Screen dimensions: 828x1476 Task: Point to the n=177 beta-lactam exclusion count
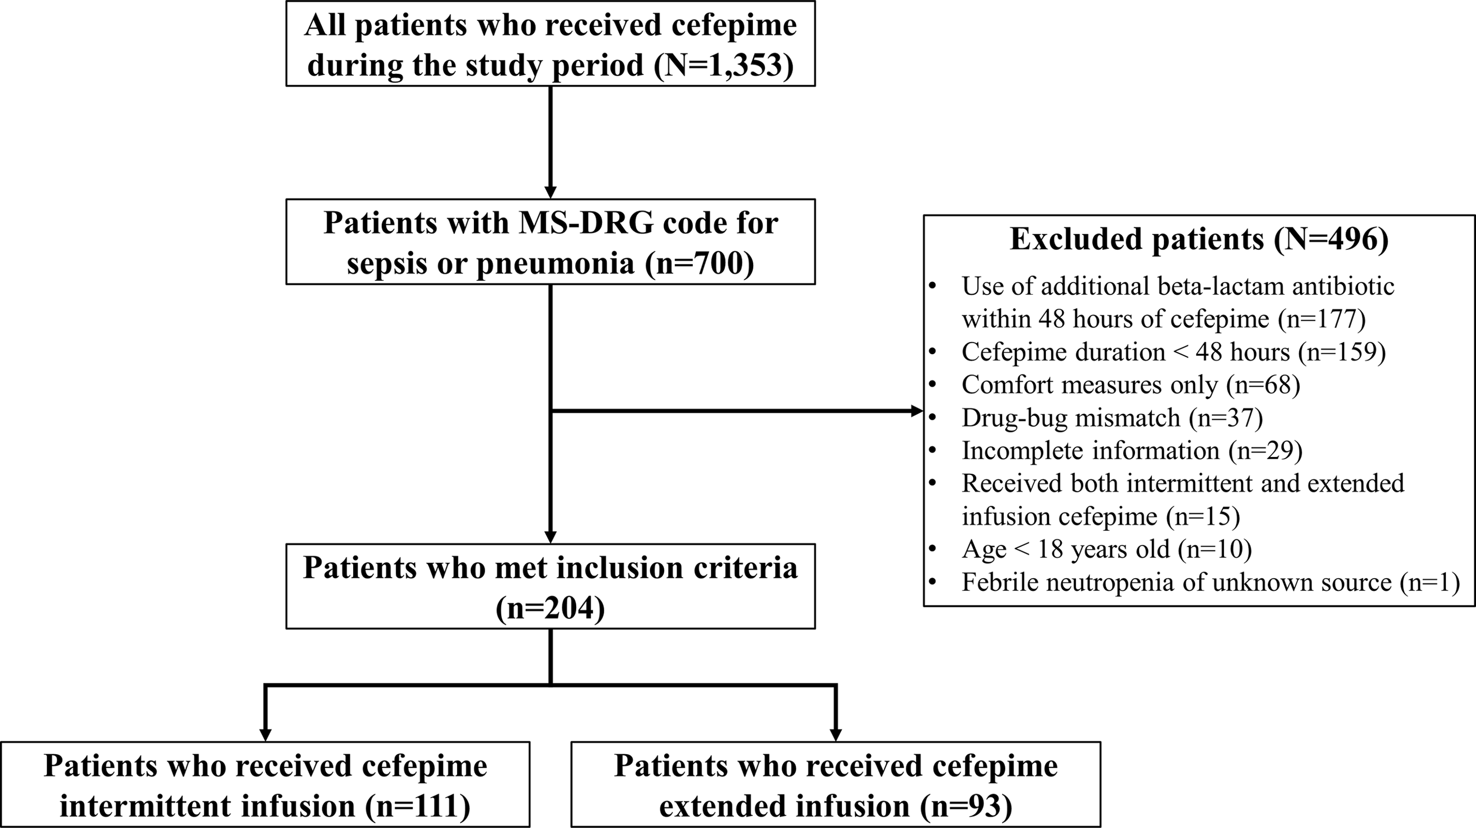tap(1322, 319)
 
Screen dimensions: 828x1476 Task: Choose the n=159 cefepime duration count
tap(1342, 352)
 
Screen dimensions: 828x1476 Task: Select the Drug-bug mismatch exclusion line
tap(1111, 418)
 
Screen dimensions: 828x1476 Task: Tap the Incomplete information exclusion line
tap(1132, 450)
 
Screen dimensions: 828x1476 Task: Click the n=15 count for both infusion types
tap(1203, 516)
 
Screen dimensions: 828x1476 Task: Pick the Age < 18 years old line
tap(1106, 549)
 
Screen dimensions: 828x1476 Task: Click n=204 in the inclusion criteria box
tap(550, 609)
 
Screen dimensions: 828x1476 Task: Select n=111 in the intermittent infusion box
tap(418, 806)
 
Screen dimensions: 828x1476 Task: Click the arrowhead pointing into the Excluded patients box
tap(917, 411)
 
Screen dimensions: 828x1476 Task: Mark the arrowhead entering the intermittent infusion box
tap(265, 735)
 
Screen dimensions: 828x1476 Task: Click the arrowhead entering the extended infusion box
tap(836, 735)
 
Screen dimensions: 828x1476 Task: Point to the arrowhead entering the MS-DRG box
tap(550, 192)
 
